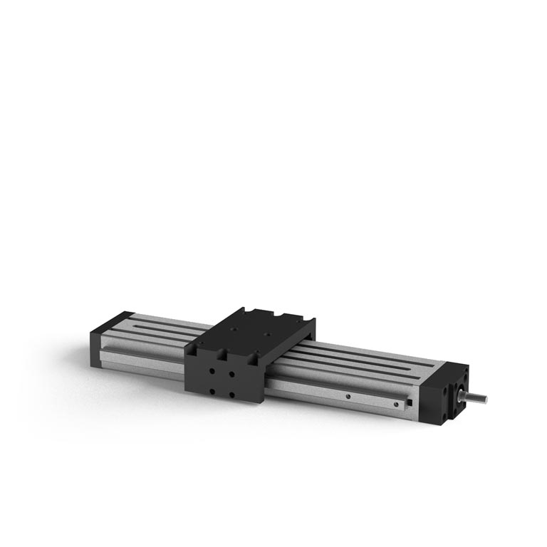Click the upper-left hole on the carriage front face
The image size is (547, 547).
[x=212, y=370]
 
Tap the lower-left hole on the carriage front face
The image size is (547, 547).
[x=212, y=390]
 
